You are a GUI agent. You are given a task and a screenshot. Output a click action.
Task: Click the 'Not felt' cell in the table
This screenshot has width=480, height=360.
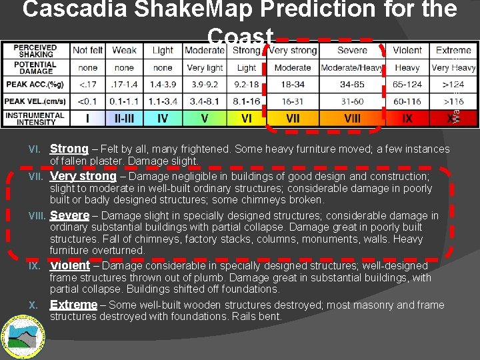click(88, 50)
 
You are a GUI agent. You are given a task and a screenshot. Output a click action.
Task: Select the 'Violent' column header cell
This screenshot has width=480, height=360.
click(407, 50)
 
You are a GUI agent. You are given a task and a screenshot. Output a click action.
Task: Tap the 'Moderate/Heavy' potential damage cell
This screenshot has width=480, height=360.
click(351, 67)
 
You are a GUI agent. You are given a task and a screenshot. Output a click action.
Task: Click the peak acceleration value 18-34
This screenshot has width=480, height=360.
click(293, 85)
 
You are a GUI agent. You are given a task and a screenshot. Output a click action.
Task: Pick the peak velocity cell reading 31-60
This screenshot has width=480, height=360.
click(351, 101)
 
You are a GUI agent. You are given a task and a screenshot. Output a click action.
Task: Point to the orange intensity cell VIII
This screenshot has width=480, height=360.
click(352, 118)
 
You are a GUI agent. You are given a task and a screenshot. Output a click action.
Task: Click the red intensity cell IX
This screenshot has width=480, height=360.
click(407, 118)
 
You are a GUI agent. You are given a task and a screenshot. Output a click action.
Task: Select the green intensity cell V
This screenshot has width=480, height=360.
click(204, 118)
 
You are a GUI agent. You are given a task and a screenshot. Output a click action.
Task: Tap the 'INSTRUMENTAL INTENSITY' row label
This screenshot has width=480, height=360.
click(35, 118)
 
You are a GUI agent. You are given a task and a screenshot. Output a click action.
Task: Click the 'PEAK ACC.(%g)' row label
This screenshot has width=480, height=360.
click(35, 85)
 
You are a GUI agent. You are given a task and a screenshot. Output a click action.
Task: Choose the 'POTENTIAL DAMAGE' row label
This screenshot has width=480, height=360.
click(35, 67)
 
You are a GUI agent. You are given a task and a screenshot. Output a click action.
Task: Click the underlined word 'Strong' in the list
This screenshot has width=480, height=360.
click(69, 149)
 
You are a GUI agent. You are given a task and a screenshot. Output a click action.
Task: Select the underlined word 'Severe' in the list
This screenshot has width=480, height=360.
click(69, 215)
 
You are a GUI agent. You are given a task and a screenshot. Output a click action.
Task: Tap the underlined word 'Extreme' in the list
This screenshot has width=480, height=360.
click(73, 305)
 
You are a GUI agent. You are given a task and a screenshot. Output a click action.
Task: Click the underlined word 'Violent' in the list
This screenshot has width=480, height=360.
click(69, 265)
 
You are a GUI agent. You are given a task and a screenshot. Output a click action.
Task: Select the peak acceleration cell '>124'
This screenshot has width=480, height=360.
click(453, 85)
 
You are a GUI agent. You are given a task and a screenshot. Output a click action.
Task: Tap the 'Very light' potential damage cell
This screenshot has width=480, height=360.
click(204, 67)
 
